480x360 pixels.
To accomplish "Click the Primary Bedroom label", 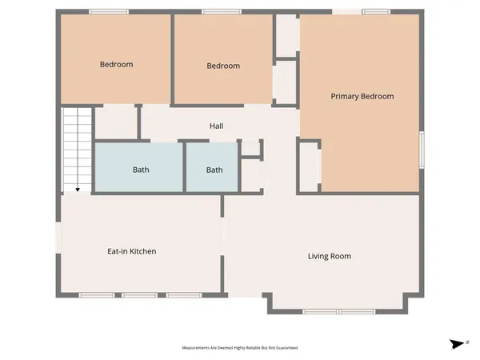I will point(362,96).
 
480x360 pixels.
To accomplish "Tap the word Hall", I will point(216,126).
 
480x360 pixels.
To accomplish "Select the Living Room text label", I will point(330,256).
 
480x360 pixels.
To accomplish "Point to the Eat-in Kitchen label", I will point(132,251).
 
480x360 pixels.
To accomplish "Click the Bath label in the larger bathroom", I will point(140,170).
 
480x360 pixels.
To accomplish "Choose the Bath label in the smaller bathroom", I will point(214,170).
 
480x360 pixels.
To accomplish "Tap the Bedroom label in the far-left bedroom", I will point(116,64).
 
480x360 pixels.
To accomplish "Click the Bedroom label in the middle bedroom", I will point(223,66).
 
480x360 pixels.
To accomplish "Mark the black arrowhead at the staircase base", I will point(78,190).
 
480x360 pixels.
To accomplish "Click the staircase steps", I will point(78,148).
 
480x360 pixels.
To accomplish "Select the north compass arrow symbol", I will point(457,344).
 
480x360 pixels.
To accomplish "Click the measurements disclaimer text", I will point(240,348).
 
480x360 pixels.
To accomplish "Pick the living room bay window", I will point(342,311).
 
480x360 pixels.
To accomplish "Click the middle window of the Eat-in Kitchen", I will point(139,295).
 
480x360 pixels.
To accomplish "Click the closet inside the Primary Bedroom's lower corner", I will point(310,164).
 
